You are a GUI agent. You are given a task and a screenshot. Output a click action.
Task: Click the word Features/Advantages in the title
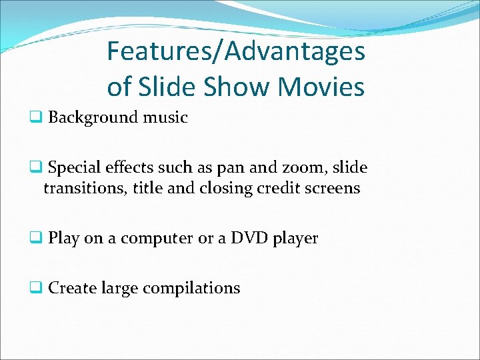coord(236,51)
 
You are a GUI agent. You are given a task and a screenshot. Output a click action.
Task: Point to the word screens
coord(332,189)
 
